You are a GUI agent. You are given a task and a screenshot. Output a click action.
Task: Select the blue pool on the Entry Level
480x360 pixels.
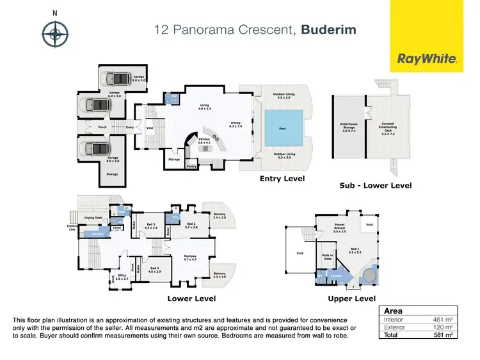click(282, 128)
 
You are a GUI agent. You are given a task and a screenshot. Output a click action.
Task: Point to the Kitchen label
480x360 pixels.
click(204, 140)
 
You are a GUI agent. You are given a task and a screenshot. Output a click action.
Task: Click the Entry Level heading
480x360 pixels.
click(282, 178)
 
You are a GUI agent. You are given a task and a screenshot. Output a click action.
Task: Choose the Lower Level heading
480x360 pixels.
click(191, 299)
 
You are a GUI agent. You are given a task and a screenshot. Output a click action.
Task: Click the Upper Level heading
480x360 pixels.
click(351, 299)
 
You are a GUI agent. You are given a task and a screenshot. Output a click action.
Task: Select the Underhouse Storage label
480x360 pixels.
click(348, 126)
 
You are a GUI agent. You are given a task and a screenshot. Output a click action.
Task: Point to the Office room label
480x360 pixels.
click(122, 277)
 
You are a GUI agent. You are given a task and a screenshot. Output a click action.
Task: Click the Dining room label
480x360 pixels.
click(236, 124)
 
